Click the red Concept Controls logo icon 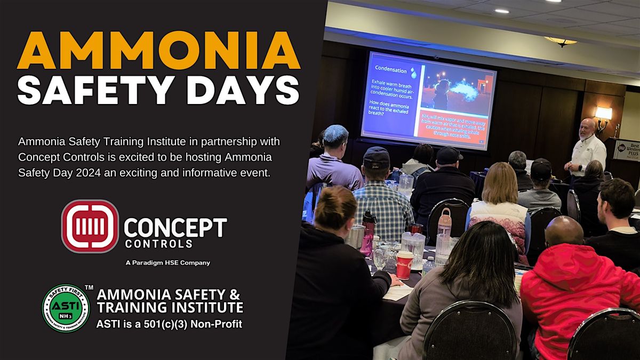coord(90,226)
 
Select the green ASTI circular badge coord(66,308)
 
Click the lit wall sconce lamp coord(603,113)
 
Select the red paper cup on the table coord(404,265)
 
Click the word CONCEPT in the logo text coord(175,228)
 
